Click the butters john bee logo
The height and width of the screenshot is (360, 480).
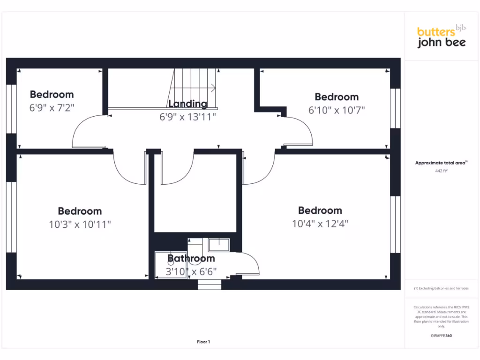point(441,37)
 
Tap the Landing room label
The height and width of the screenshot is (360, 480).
point(187,104)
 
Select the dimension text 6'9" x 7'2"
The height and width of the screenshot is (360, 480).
point(52,107)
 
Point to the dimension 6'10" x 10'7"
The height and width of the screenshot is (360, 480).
point(336,110)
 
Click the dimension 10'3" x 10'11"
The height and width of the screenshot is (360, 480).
point(80,225)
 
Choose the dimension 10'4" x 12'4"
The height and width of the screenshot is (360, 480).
point(320,224)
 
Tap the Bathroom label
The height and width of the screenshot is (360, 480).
point(191,258)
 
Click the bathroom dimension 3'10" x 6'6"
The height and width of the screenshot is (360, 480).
point(191,271)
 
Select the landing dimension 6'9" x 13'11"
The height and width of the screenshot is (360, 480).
point(187,117)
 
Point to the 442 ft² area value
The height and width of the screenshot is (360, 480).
point(441,171)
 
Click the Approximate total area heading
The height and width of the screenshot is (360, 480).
point(441,163)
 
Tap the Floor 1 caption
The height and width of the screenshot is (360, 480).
point(203,342)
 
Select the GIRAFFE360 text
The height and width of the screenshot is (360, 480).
point(441,336)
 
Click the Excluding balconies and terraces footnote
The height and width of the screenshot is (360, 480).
point(441,288)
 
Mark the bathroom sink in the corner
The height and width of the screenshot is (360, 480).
point(219,245)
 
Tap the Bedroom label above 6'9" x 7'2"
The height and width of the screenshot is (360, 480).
point(52,94)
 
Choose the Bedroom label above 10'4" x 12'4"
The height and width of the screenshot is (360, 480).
point(320,210)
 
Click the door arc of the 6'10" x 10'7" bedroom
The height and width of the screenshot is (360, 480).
point(300,131)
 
